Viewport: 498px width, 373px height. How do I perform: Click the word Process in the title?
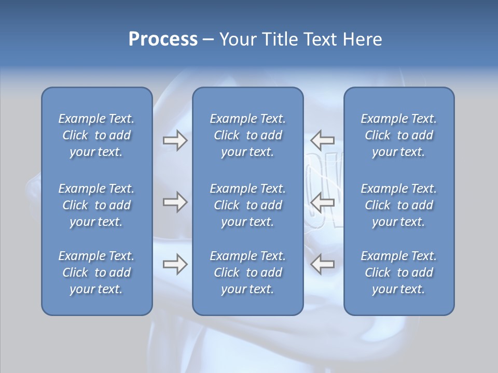[163, 39]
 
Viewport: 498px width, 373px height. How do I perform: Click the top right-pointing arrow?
[175, 140]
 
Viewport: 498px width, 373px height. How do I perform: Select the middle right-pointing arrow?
[175, 202]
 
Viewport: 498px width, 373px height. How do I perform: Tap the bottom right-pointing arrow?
[175, 264]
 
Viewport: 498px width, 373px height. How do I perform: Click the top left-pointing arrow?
[323, 140]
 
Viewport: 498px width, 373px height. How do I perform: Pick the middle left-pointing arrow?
[323, 202]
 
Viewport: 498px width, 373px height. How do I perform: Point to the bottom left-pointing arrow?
[323, 264]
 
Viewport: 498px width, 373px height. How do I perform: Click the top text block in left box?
[96, 135]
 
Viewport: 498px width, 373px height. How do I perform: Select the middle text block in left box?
[96, 205]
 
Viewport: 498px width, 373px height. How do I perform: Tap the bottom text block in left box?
[96, 272]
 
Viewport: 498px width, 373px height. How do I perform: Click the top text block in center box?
[247, 135]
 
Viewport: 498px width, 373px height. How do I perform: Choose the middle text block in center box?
[247, 205]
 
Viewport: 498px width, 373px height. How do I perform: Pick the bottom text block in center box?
[247, 272]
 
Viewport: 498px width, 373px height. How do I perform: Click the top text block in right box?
[398, 135]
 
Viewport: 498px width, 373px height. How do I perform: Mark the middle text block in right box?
[398, 205]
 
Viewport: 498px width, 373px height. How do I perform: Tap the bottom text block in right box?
[398, 272]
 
